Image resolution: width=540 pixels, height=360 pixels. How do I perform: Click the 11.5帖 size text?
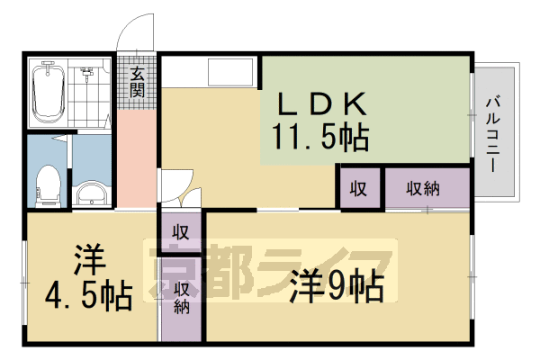click(320, 137)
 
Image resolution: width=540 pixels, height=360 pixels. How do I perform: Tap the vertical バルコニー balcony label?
click(494, 130)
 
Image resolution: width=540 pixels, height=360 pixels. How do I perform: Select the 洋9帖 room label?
click(337, 287)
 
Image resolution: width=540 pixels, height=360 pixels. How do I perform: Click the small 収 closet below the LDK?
click(358, 188)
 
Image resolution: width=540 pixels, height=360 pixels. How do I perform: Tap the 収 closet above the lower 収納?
click(182, 231)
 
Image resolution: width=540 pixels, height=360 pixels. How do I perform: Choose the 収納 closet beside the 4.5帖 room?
click(182, 298)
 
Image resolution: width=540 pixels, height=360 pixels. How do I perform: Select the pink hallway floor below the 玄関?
click(137, 153)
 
